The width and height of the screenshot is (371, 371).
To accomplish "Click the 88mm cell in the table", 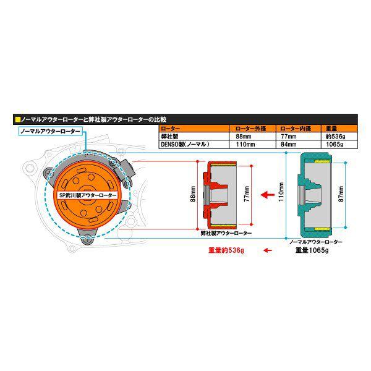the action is (x=252, y=137).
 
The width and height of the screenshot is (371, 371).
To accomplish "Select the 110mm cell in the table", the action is (x=252, y=144).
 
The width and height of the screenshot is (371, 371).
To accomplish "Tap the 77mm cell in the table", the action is (x=299, y=137).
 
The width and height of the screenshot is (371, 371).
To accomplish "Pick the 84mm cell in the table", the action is (x=299, y=144).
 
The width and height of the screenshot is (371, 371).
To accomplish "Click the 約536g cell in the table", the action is (x=339, y=137).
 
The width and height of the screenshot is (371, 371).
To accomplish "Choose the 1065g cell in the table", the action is (x=339, y=144).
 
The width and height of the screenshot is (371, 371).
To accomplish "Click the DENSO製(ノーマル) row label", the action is (x=185, y=144).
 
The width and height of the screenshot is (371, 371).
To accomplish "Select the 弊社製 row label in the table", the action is (x=169, y=137).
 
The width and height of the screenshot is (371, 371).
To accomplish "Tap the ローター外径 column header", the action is (x=251, y=129).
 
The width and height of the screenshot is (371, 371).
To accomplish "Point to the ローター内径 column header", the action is (x=296, y=129).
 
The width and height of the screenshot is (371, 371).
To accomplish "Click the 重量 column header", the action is (x=331, y=129).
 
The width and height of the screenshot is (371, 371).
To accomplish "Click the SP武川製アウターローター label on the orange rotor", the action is (x=88, y=195).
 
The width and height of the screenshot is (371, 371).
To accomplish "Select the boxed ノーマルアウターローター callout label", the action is (x=51, y=131).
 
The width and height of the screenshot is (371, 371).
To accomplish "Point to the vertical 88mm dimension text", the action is (x=193, y=194).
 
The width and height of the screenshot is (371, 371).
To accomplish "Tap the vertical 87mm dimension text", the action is (x=341, y=194).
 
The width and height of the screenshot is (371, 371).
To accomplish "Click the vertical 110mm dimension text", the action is (x=281, y=192).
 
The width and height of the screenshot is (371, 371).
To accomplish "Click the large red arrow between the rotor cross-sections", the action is (x=267, y=195).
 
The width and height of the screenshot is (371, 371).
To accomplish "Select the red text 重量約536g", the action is (x=226, y=250).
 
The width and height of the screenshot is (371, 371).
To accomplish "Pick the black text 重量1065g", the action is (x=312, y=250).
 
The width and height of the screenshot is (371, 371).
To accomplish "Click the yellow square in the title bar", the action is (x=18, y=119).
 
